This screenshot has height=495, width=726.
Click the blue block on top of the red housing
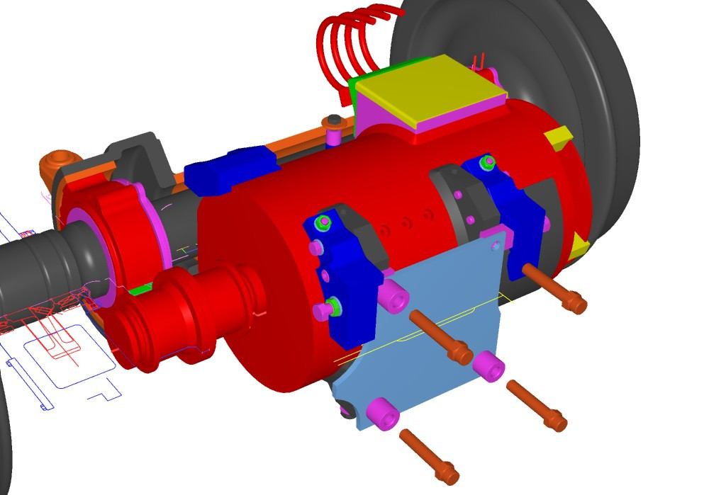[x=230, y=170]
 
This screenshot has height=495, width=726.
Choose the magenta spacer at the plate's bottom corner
[x=382, y=413]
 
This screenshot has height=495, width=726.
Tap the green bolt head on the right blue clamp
[x=487, y=164]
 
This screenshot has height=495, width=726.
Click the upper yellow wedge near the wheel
[x=558, y=137]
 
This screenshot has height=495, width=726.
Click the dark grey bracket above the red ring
[x=138, y=159]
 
